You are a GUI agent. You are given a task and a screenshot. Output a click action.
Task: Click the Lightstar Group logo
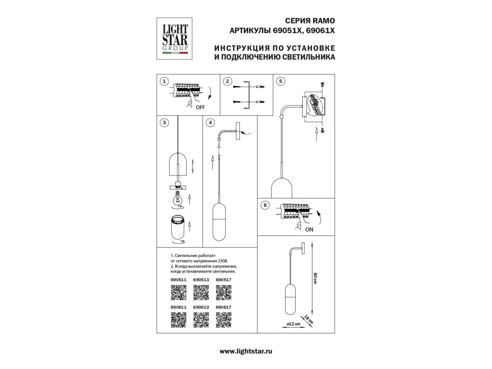(x=174, y=39)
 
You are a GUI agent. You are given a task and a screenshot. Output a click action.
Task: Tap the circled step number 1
(x=164, y=81)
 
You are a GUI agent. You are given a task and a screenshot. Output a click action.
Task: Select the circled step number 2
(x=227, y=81)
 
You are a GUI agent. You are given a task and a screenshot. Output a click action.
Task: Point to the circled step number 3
(x=164, y=123)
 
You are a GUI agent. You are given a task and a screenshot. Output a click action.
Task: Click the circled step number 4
(x=210, y=123)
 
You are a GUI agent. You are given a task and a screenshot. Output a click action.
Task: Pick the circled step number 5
(x=280, y=81)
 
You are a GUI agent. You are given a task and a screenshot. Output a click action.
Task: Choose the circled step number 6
(x=265, y=205)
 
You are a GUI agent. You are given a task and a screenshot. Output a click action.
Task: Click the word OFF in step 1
(x=200, y=107)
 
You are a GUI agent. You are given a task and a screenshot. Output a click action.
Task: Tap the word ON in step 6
(x=309, y=230)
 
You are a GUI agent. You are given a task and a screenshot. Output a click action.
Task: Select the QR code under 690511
(x=179, y=293)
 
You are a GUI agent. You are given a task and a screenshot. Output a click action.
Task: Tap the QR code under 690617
(x=224, y=320)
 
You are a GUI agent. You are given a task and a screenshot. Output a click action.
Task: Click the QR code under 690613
(x=201, y=320)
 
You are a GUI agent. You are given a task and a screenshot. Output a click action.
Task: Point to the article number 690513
(x=201, y=280)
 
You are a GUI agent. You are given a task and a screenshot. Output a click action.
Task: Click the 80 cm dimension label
(x=315, y=278)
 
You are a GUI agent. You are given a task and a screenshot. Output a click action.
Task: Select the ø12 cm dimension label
(x=294, y=324)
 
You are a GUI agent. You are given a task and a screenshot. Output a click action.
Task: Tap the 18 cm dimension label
(x=309, y=319)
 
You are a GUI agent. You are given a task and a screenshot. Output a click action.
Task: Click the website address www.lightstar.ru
(x=246, y=351)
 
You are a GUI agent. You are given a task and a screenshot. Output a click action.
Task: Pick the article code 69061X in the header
(x=320, y=30)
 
